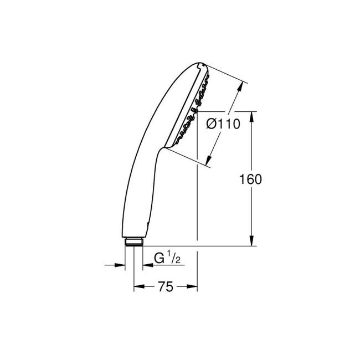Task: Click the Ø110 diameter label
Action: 223,125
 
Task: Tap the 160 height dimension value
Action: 251,179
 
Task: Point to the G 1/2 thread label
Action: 167,259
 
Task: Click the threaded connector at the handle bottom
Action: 133,241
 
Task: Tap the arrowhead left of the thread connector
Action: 121,265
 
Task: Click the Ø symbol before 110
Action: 212,125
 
